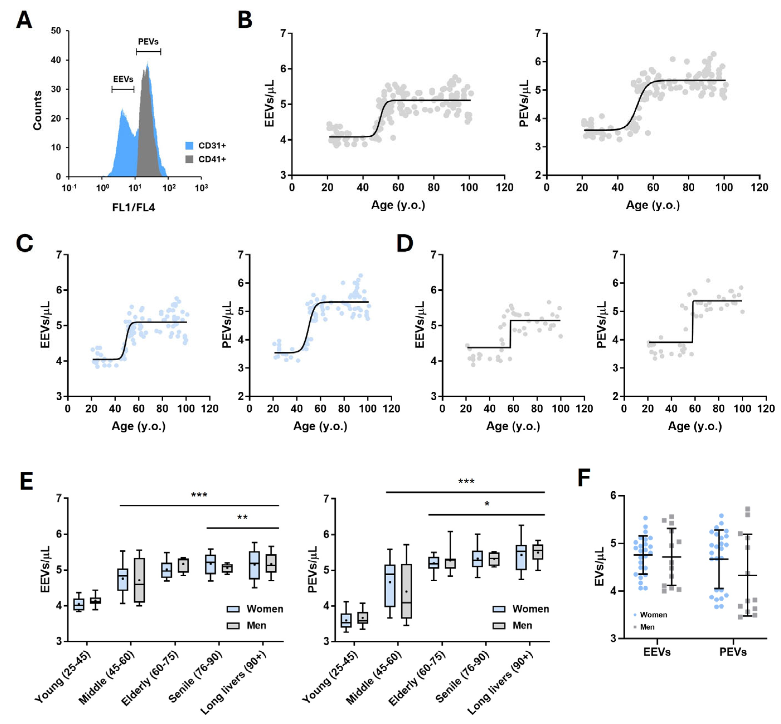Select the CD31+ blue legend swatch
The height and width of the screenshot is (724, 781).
[x=189, y=146]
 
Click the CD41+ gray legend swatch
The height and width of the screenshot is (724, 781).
[x=189, y=159]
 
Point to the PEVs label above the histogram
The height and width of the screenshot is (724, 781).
[x=148, y=41]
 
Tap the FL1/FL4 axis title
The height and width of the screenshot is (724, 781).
[x=133, y=207]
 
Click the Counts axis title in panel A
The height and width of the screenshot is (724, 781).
[x=37, y=110]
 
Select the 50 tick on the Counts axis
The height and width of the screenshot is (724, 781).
[x=56, y=31]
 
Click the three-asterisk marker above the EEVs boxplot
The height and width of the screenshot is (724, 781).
[x=199, y=495]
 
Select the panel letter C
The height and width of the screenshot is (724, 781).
[x=24, y=243]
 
